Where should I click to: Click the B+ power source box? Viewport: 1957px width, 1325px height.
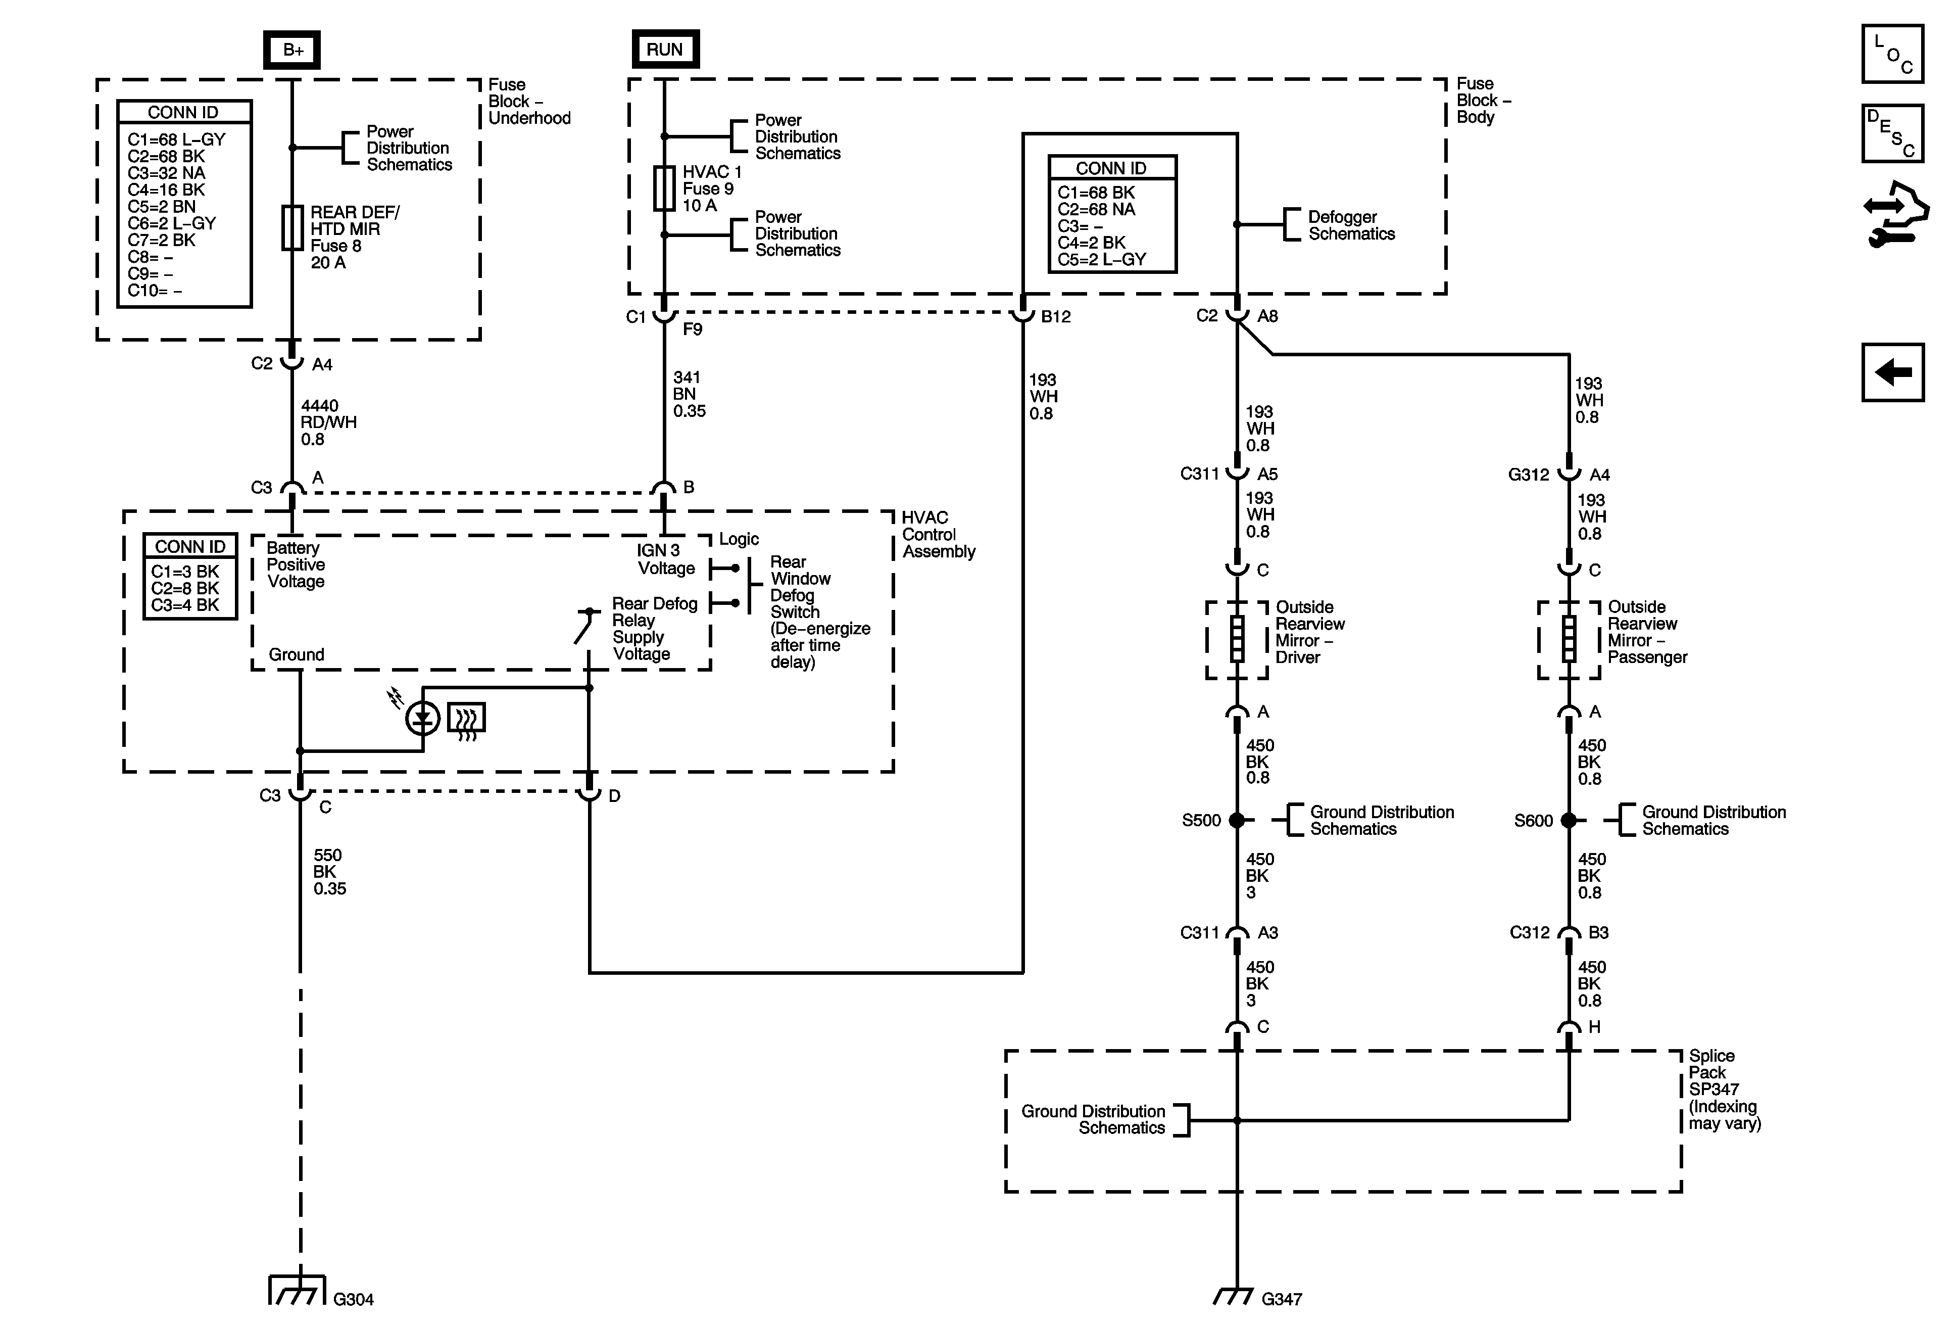[291, 50]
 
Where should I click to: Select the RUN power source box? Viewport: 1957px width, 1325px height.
[665, 49]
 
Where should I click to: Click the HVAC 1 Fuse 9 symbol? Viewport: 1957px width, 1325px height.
[664, 188]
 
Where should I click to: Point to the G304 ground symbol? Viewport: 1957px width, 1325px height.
[297, 1290]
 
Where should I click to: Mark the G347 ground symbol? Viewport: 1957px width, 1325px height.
[1235, 1297]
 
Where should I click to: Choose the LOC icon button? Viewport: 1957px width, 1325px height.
[1892, 54]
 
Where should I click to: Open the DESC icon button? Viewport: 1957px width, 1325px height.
[1892, 133]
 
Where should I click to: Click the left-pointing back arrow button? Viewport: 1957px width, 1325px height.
[1892, 372]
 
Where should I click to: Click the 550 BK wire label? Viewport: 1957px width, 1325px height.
[329, 872]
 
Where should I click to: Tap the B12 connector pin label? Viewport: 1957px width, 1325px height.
[1055, 317]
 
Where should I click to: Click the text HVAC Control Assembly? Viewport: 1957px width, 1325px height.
[938, 535]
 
